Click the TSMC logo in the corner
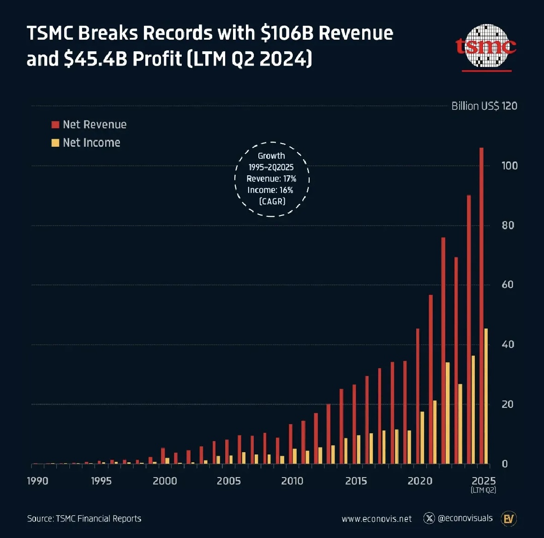pyautogui.click(x=486, y=47)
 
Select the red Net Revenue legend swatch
pyautogui.click(x=55, y=125)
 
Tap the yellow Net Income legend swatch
pyautogui.click(x=55, y=143)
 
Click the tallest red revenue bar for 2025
pyautogui.click(x=481, y=305)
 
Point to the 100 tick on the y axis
pyautogui.click(x=509, y=166)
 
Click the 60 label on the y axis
pyautogui.click(x=507, y=285)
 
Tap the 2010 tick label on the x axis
pyautogui.click(x=292, y=481)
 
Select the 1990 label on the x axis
pyautogui.click(x=37, y=481)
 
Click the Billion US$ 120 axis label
pyautogui.click(x=484, y=106)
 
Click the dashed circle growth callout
pyautogui.click(x=272, y=179)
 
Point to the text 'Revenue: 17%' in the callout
pyautogui.click(x=271, y=179)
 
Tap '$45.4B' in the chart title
pyautogui.click(x=95, y=59)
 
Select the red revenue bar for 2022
pyautogui.click(x=443, y=351)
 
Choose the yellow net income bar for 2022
pyautogui.click(x=447, y=413)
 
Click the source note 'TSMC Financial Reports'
pyautogui.click(x=98, y=519)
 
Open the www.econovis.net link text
pyautogui.click(x=377, y=519)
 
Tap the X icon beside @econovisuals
pyautogui.click(x=429, y=518)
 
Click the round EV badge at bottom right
pyautogui.click(x=509, y=519)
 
